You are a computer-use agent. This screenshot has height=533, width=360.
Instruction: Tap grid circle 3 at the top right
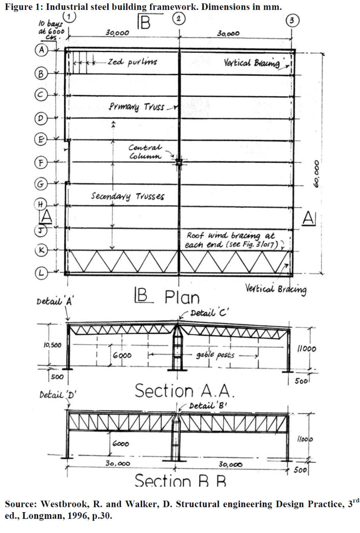293,20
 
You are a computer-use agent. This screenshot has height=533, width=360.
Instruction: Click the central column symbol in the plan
179,162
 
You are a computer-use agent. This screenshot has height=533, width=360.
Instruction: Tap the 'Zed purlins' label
132,62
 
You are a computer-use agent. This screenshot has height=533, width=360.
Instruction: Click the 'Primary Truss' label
136,108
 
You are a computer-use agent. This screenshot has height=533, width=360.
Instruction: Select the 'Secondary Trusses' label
128,196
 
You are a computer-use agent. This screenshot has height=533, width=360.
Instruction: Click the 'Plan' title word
182,298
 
